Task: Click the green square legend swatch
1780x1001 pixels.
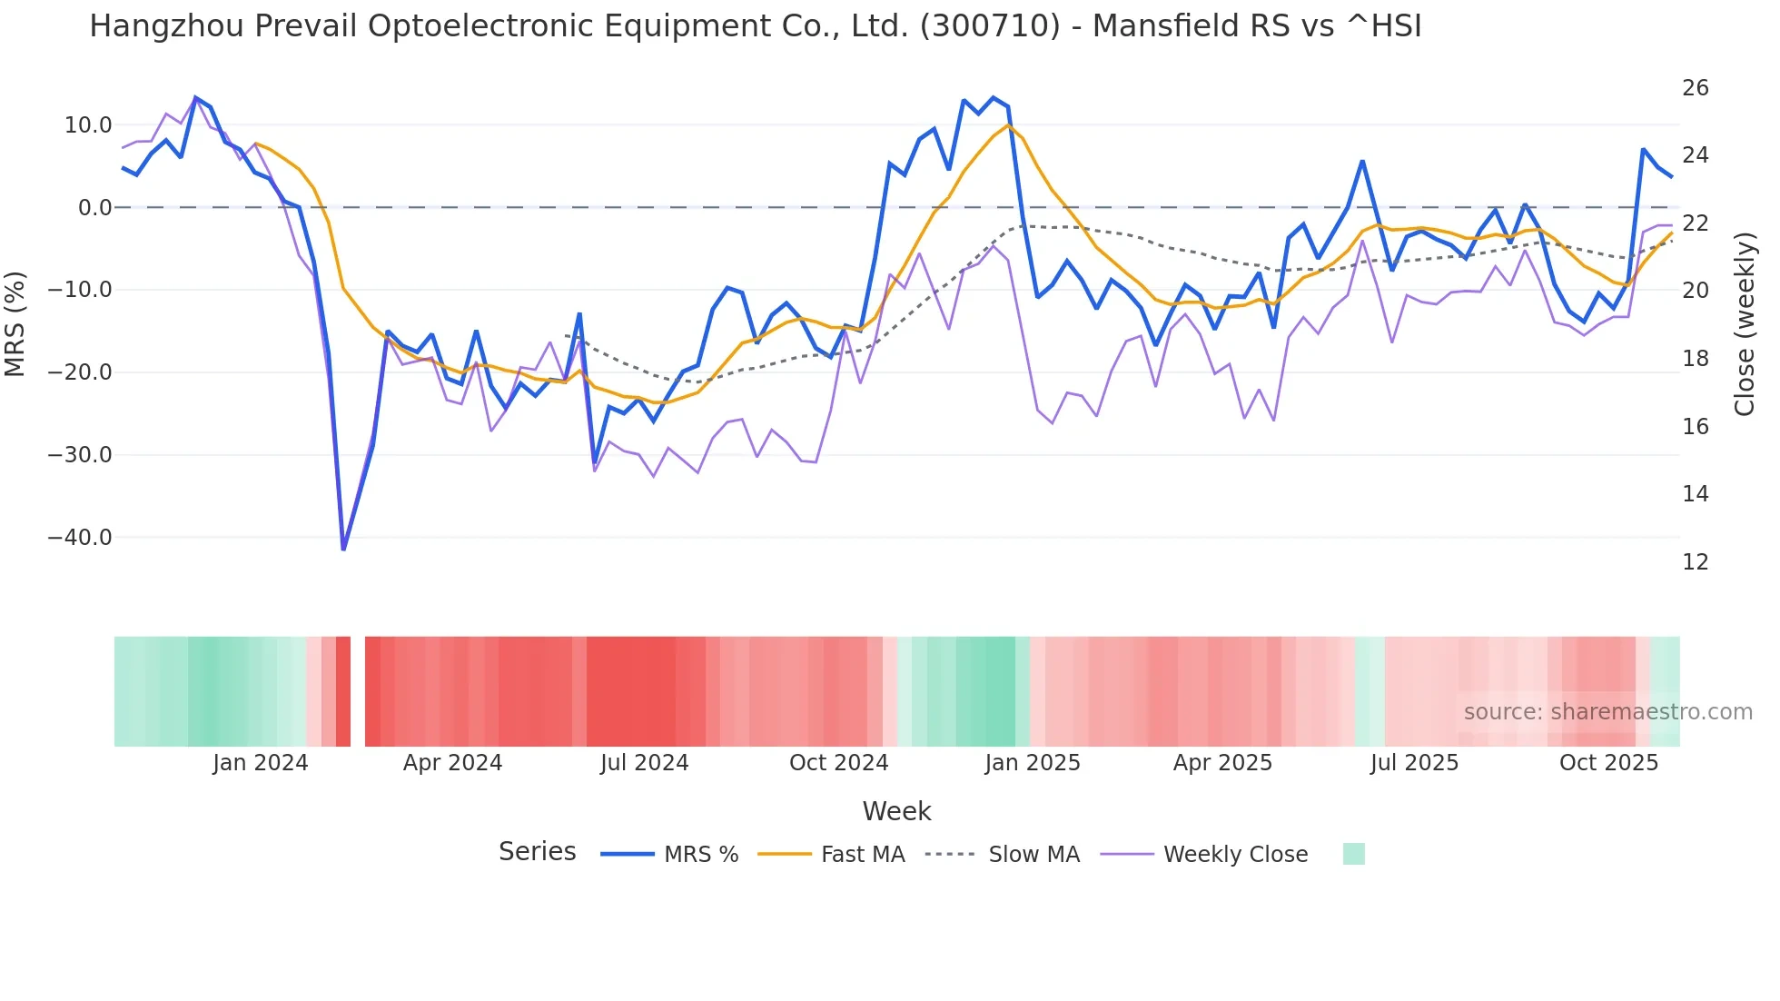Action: tap(1353, 854)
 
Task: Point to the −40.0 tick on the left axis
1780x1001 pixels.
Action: tap(80, 538)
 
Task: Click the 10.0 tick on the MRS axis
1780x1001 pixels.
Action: tap(88, 125)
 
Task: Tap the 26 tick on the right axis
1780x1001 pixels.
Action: tap(1695, 88)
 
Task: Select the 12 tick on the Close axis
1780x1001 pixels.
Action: tap(1695, 562)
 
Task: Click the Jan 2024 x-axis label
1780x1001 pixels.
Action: tap(261, 763)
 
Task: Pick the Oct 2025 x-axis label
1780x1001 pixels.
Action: tap(1608, 763)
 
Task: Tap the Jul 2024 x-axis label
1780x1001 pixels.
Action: tap(644, 763)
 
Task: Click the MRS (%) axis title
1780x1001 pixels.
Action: tap(15, 324)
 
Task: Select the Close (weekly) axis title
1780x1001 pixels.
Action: tap(1745, 324)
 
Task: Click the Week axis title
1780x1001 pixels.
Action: tap(896, 811)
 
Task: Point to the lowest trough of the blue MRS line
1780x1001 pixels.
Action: tap(343, 549)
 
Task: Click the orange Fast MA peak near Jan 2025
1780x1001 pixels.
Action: tap(1007, 125)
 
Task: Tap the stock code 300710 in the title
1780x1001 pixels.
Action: tap(989, 26)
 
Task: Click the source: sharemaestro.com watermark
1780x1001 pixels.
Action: tap(1607, 712)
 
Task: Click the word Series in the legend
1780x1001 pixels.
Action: tap(537, 852)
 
